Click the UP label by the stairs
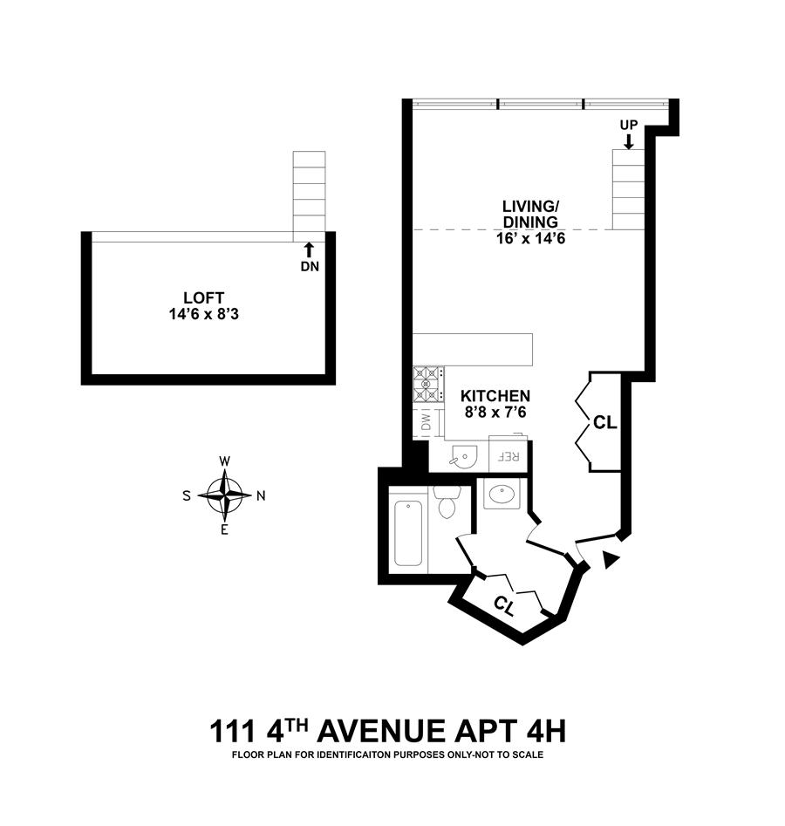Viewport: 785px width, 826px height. (x=629, y=125)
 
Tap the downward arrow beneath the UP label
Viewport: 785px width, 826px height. (x=628, y=140)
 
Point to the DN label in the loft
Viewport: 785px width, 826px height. (x=310, y=267)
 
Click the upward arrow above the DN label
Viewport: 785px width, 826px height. (x=310, y=249)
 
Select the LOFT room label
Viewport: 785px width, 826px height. (x=204, y=297)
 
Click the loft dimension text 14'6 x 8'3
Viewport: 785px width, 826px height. (x=204, y=315)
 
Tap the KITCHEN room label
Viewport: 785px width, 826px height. (x=495, y=396)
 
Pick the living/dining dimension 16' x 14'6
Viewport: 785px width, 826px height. (x=530, y=239)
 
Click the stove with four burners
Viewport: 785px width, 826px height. (x=427, y=385)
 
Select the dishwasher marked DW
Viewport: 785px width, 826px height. (x=427, y=421)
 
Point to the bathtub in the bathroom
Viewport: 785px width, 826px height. (x=408, y=533)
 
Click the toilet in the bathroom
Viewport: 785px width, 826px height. (x=447, y=502)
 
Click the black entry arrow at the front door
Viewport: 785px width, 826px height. (x=611, y=560)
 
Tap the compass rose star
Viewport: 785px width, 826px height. (x=225, y=495)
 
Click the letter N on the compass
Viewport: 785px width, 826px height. (x=261, y=495)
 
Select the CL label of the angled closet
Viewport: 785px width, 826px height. (x=503, y=606)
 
